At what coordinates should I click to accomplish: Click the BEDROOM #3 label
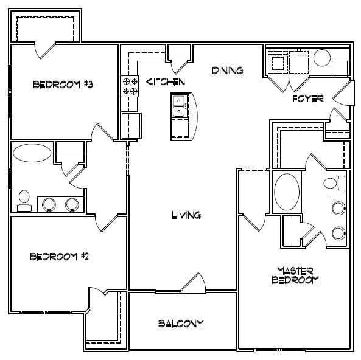[x=63, y=85]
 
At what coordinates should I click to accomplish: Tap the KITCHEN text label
[x=161, y=81]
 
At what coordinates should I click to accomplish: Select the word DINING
[x=227, y=71]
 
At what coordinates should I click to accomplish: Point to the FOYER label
[x=307, y=99]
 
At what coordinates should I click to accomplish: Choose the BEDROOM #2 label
[x=60, y=257]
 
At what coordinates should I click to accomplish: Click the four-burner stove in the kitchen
[x=130, y=85]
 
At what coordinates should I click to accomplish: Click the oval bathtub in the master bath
[x=285, y=192]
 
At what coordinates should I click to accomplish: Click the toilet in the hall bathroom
[x=24, y=200]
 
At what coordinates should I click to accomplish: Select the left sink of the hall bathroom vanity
[x=48, y=204]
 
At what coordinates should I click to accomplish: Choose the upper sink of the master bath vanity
[x=338, y=209]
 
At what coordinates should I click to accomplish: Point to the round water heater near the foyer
[x=323, y=58]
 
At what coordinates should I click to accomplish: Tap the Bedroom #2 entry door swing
[x=105, y=223]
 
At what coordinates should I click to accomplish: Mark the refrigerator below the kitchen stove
[x=131, y=125]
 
